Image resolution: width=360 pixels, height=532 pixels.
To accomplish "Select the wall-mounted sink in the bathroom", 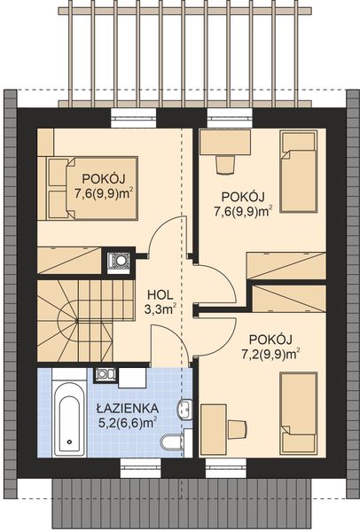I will click(x=184, y=409).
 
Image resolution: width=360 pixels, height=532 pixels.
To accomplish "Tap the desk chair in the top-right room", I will click(x=223, y=164).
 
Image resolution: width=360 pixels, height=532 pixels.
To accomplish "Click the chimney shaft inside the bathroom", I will click(x=106, y=376).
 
